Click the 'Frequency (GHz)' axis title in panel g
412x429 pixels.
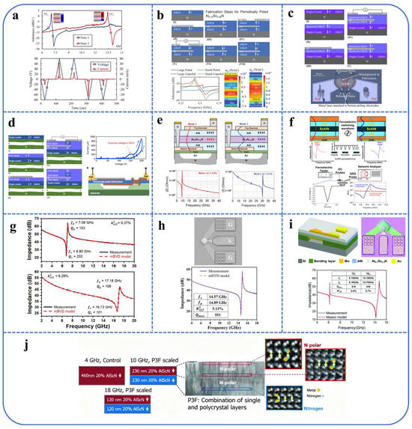(74, 305)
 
